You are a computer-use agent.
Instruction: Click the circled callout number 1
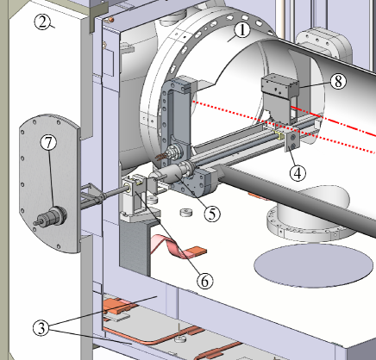coord(242,30)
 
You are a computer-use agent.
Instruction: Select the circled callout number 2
coord(42,22)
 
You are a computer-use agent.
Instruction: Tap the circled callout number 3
coord(41,328)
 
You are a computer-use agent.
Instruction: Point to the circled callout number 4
coord(298,173)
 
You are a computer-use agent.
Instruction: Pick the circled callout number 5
coord(212,214)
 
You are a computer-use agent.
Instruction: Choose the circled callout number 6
coord(205,281)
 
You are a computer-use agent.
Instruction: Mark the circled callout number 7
coord(48,142)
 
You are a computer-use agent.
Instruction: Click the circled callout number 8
coord(338,81)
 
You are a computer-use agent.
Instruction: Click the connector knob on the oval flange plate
coord(51,216)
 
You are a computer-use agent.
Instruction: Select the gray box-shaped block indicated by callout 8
coord(280,85)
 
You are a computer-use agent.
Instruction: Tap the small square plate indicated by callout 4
coord(292,142)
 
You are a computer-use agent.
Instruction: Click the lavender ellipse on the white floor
coord(313,265)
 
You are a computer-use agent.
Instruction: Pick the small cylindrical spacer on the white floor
coord(186,213)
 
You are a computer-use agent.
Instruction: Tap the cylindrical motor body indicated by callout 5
coord(171,173)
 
